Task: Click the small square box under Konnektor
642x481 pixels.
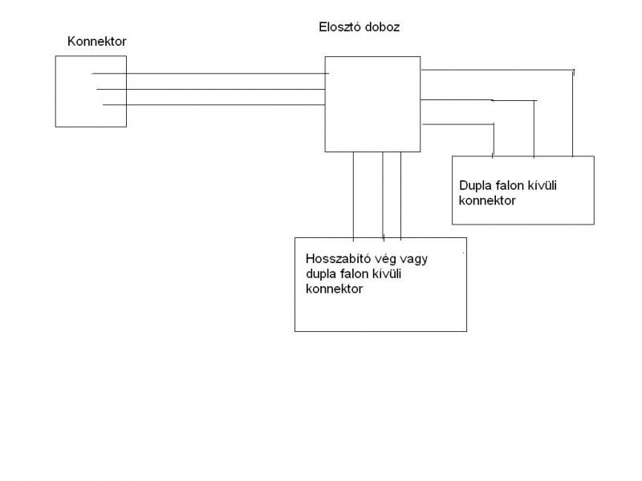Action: point(91,91)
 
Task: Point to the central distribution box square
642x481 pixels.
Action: point(372,103)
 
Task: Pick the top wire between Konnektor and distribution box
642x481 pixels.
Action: point(209,75)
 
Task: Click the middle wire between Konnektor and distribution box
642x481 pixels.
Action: point(209,89)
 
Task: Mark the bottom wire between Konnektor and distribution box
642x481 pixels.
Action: point(209,105)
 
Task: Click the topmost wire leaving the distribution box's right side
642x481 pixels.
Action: point(498,71)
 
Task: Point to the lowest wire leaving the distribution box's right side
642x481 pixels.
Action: point(457,124)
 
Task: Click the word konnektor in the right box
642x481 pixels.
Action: point(487,200)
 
